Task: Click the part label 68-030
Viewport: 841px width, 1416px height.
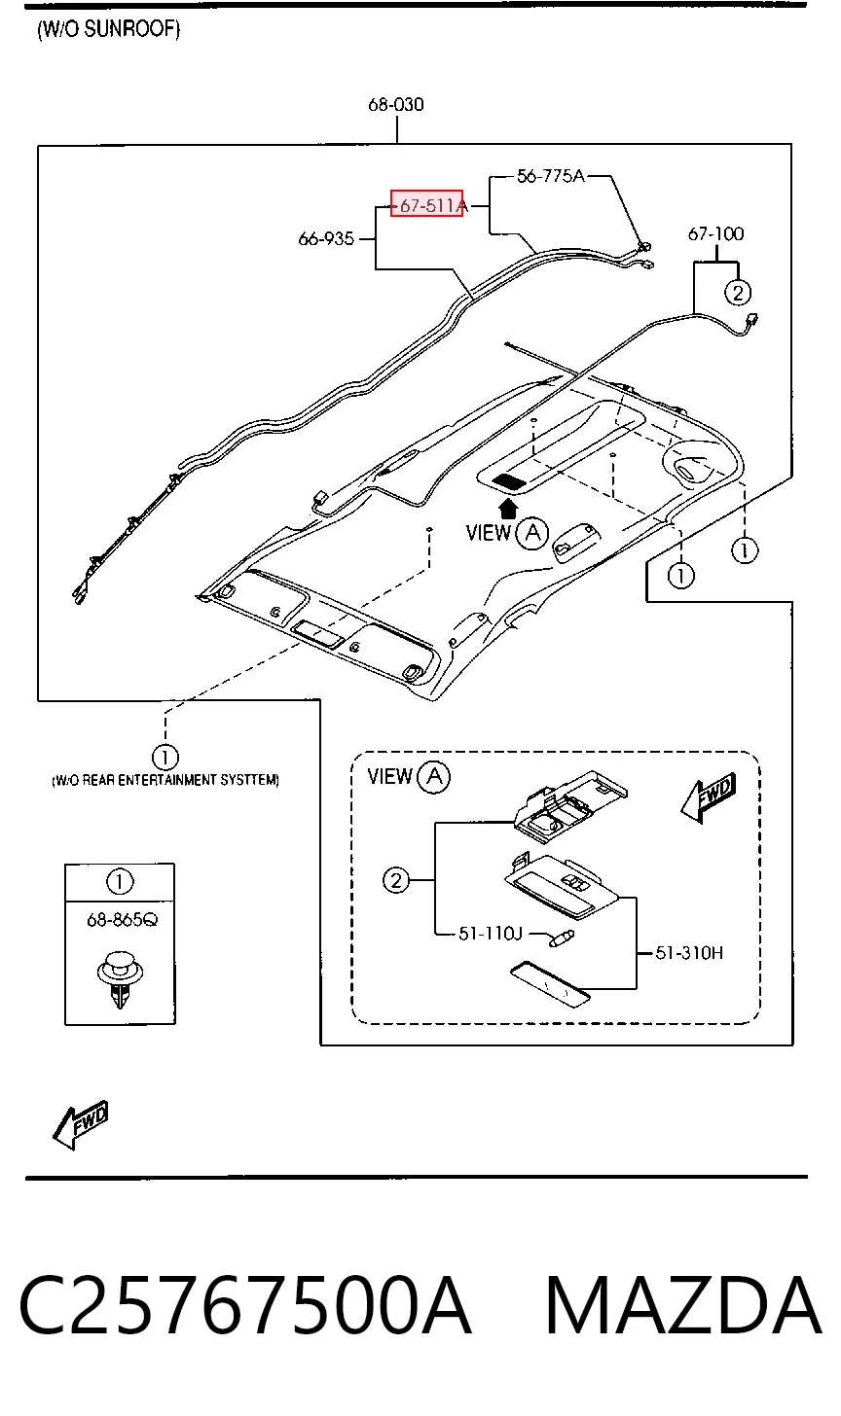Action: pyautogui.click(x=396, y=104)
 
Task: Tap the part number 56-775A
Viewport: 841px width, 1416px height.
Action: pyautogui.click(x=551, y=176)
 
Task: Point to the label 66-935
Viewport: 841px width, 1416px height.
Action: pyautogui.click(x=326, y=239)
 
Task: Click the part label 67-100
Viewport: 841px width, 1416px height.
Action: pyautogui.click(x=715, y=233)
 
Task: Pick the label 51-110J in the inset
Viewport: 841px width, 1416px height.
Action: pyautogui.click(x=491, y=934)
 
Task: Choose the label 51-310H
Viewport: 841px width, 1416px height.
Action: pyautogui.click(x=689, y=953)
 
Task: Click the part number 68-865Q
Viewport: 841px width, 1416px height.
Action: pyautogui.click(x=122, y=920)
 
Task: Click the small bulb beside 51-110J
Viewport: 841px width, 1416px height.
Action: pyautogui.click(x=562, y=938)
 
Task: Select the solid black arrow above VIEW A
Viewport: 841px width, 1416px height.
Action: pyautogui.click(x=508, y=509)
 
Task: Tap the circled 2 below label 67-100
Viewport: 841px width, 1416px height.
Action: pyautogui.click(x=737, y=293)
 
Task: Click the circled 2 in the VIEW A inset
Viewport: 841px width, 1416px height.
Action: pyautogui.click(x=396, y=880)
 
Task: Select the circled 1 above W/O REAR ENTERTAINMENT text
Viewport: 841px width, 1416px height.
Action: pyautogui.click(x=165, y=757)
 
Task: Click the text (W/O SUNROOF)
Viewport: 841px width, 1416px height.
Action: pyautogui.click(x=109, y=29)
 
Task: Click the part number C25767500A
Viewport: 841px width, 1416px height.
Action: pyautogui.click(x=245, y=1306)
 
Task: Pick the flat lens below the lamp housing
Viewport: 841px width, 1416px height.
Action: pyautogui.click(x=550, y=984)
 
